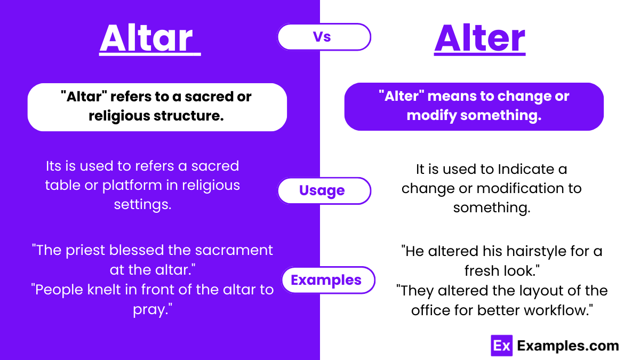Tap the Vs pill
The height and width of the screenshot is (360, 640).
[x=323, y=37]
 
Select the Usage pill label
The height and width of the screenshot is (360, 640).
[x=322, y=190]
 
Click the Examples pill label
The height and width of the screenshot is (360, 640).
[x=326, y=280]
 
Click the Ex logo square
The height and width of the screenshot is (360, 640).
[x=501, y=346]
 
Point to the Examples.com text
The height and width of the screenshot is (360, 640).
[x=568, y=346]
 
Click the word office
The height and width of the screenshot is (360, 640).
[x=431, y=310]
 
